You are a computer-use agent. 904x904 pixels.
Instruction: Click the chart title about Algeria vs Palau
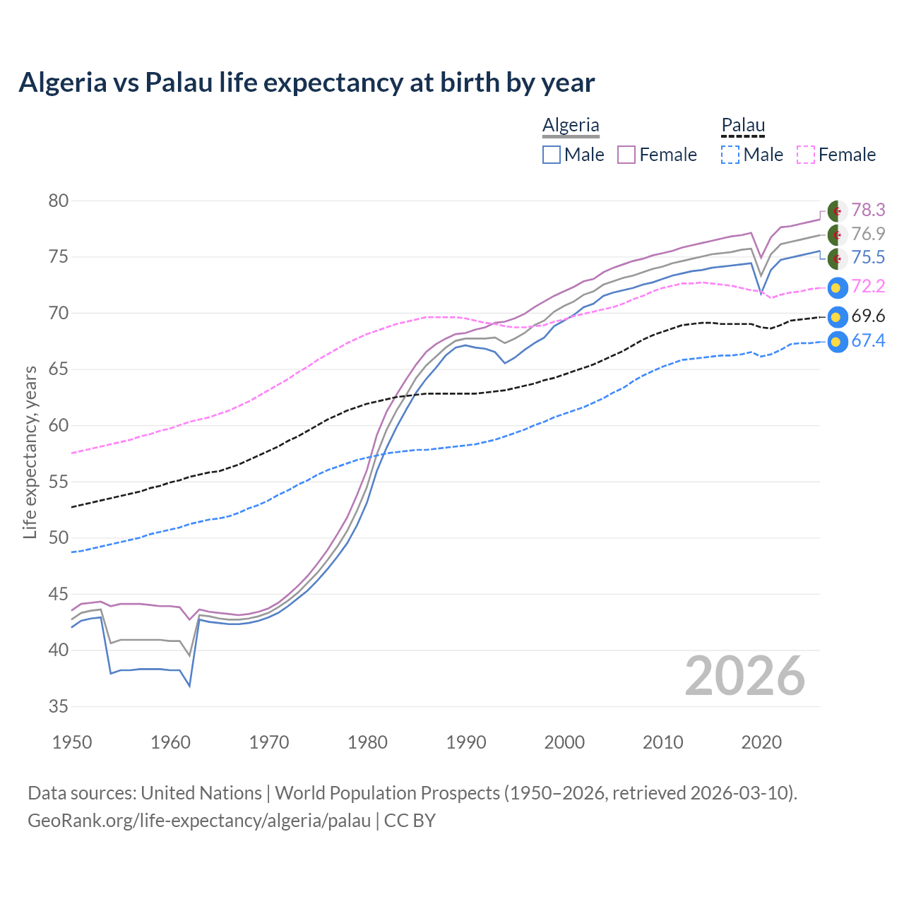pyautogui.click(x=307, y=83)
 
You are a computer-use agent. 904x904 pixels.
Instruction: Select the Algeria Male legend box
pyautogui.click(x=552, y=155)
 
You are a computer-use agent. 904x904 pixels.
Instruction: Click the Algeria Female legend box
pyautogui.click(x=626, y=155)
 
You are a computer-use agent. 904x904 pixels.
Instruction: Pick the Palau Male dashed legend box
pyautogui.click(x=730, y=155)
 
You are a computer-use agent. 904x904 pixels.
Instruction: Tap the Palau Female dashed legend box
pyautogui.click(x=805, y=155)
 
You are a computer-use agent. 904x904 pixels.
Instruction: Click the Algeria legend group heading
pyautogui.click(x=571, y=125)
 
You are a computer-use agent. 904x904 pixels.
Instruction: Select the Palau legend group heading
pyautogui.click(x=743, y=125)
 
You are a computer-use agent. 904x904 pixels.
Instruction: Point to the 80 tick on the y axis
pyautogui.click(x=59, y=201)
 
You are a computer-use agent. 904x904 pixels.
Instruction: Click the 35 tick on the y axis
pyautogui.click(x=59, y=706)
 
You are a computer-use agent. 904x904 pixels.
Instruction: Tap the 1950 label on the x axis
pyautogui.click(x=73, y=742)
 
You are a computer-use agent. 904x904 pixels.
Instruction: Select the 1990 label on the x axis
pyautogui.click(x=466, y=742)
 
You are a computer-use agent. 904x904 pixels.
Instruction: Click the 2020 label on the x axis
pyautogui.click(x=761, y=742)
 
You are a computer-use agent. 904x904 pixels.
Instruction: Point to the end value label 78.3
pyautogui.click(x=868, y=210)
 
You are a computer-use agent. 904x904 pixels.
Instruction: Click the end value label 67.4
pyautogui.click(x=868, y=341)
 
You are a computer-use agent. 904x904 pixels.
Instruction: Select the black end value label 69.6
pyautogui.click(x=868, y=316)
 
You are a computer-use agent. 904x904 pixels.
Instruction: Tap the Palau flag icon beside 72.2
pyautogui.click(x=837, y=287)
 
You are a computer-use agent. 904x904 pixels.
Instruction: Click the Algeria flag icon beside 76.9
pyautogui.click(x=837, y=234)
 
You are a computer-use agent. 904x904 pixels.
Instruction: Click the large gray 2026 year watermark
pyautogui.click(x=745, y=676)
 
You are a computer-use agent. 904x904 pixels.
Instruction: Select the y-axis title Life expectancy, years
pyautogui.click(x=30, y=452)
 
